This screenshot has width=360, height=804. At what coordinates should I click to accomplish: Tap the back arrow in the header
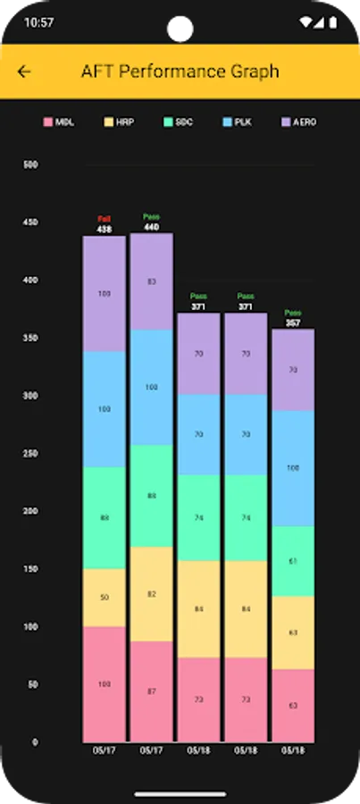pyautogui.click(x=24, y=71)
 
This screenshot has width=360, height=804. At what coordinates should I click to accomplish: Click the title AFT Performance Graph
pyautogui.click(x=180, y=71)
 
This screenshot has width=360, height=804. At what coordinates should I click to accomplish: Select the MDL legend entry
pyautogui.click(x=60, y=121)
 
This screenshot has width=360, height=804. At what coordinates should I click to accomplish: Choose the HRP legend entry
pyautogui.click(x=119, y=121)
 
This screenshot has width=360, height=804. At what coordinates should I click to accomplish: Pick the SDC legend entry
pyautogui.click(x=178, y=121)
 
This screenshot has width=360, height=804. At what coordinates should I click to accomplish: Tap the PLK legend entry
pyautogui.click(x=237, y=121)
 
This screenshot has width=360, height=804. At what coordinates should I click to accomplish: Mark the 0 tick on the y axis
pyautogui.click(x=35, y=742)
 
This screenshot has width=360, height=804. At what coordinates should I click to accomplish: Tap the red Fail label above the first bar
pyautogui.click(x=105, y=219)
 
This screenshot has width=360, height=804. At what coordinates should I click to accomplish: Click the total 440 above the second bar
pyautogui.click(x=151, y=227)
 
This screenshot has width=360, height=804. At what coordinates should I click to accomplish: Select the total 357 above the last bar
pyautogui.click(x=293, y=322)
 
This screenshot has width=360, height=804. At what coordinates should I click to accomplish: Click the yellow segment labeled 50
pyautogui.click(x=105, y=597)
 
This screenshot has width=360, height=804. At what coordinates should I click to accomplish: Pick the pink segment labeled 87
pyautogui.click(x=151, y=691)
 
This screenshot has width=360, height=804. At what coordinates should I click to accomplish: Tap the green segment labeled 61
pyautogui.click(x=293, y=561)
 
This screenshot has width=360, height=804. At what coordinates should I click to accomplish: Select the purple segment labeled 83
pyautogui.click(x=151, y=281)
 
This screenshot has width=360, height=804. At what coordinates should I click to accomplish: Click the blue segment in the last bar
pyautogui.click(x=293, y=468)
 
